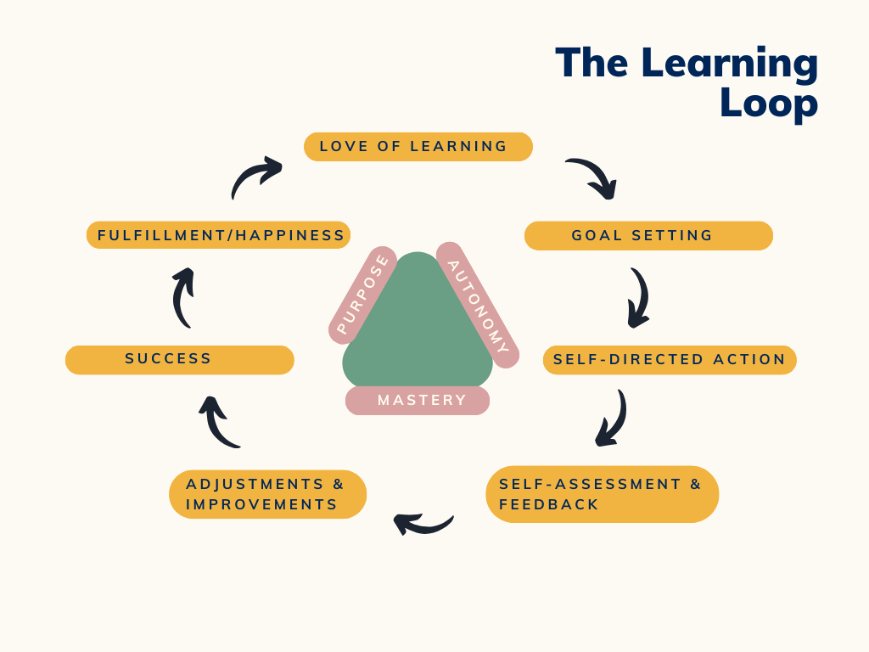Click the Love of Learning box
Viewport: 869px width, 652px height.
(x=418, y=147)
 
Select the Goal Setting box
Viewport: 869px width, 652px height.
(x=648, y=236)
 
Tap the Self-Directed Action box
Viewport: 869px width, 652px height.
(x=670, y=360)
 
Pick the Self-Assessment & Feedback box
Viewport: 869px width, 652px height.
(x=602, y=494)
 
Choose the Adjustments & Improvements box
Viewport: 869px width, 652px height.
(x=267, y=494)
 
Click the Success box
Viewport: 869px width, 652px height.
(x=179, y=360)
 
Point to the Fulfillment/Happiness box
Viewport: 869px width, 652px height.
(x=218, y=235)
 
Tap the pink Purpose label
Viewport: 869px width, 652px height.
(x=363, y=295)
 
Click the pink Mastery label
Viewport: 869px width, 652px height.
(x=418, y=401)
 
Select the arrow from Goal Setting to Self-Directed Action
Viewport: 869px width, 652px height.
(x=638, y=298)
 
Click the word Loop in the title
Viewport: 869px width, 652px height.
(x=768, y=104)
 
